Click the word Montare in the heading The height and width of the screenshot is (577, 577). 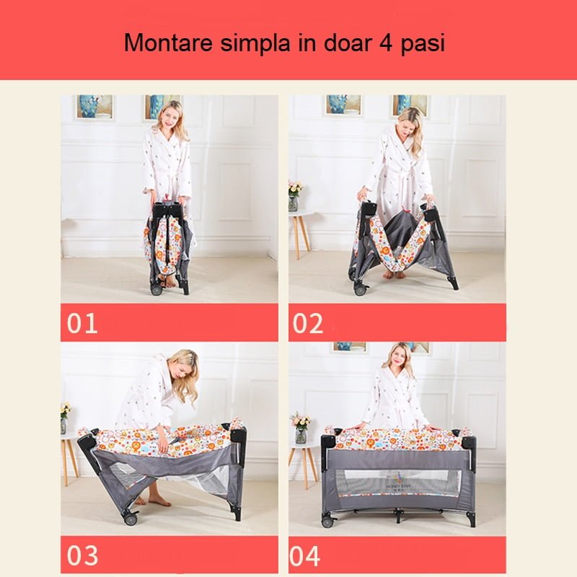pyautogui.click(x=169, y=43)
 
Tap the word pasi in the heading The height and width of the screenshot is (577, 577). pyautogui.click(x=423, y=44)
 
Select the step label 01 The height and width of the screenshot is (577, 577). pyautogui.click(x=82, y=323)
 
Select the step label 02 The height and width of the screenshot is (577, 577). pyautogui.click(x=308, y=323)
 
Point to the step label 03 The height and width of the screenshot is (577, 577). pyautogui.click(x=82, y=555)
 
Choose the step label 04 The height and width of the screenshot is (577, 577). pyautogui.click(x=304, y=556)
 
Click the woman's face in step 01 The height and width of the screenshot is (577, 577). pyautogui.click(x=169, y=115)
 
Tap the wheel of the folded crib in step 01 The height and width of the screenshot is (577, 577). pyautogui.click(x=156, y=290)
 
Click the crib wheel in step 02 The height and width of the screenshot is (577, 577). pyautogui.click(x=359, y=289)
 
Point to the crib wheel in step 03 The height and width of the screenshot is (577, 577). pyautogui.click(x=131, y=519)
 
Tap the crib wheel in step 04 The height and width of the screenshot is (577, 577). pyautogui.click(x=327, y=521)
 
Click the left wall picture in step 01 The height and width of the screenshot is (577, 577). pyautogui.click(x=95, y=106)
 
